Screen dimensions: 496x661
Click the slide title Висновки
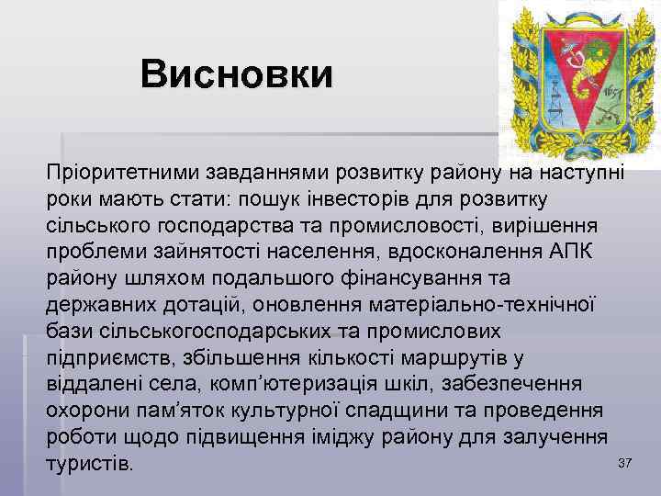(237, 74)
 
